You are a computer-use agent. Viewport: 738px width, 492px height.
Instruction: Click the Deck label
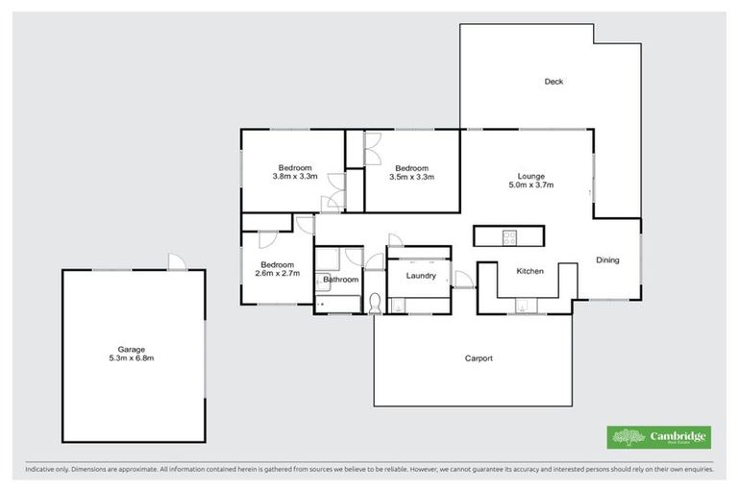(553, 82)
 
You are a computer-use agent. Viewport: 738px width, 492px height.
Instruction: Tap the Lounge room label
(531, 176)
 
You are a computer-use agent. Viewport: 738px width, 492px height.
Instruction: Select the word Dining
(607, 259)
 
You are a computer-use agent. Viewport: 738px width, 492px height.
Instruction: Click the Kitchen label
(530, 272)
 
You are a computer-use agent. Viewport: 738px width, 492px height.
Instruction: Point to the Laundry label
(421, 276)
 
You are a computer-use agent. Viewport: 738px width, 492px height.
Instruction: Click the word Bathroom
(340, 280)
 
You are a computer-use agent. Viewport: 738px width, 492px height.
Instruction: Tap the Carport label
(479, 358)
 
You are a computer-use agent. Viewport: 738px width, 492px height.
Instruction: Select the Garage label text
(133, 349)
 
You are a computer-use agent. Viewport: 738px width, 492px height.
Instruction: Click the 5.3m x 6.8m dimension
(133, 358)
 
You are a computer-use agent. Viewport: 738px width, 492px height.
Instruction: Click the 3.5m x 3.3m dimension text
(411, 177)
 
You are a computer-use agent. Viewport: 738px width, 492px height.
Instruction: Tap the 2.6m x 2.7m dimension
(278, 273)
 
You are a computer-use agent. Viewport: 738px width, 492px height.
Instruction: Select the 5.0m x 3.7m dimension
(531, 185)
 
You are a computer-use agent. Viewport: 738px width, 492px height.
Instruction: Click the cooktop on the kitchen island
(508, 236)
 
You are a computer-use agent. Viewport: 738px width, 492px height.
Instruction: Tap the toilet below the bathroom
(374, 304)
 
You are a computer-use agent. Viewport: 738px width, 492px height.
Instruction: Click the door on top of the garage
(176, 261)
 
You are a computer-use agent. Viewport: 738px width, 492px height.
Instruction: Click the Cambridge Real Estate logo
(659, 437)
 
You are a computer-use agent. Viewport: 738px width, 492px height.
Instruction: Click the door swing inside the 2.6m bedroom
(268, 240)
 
